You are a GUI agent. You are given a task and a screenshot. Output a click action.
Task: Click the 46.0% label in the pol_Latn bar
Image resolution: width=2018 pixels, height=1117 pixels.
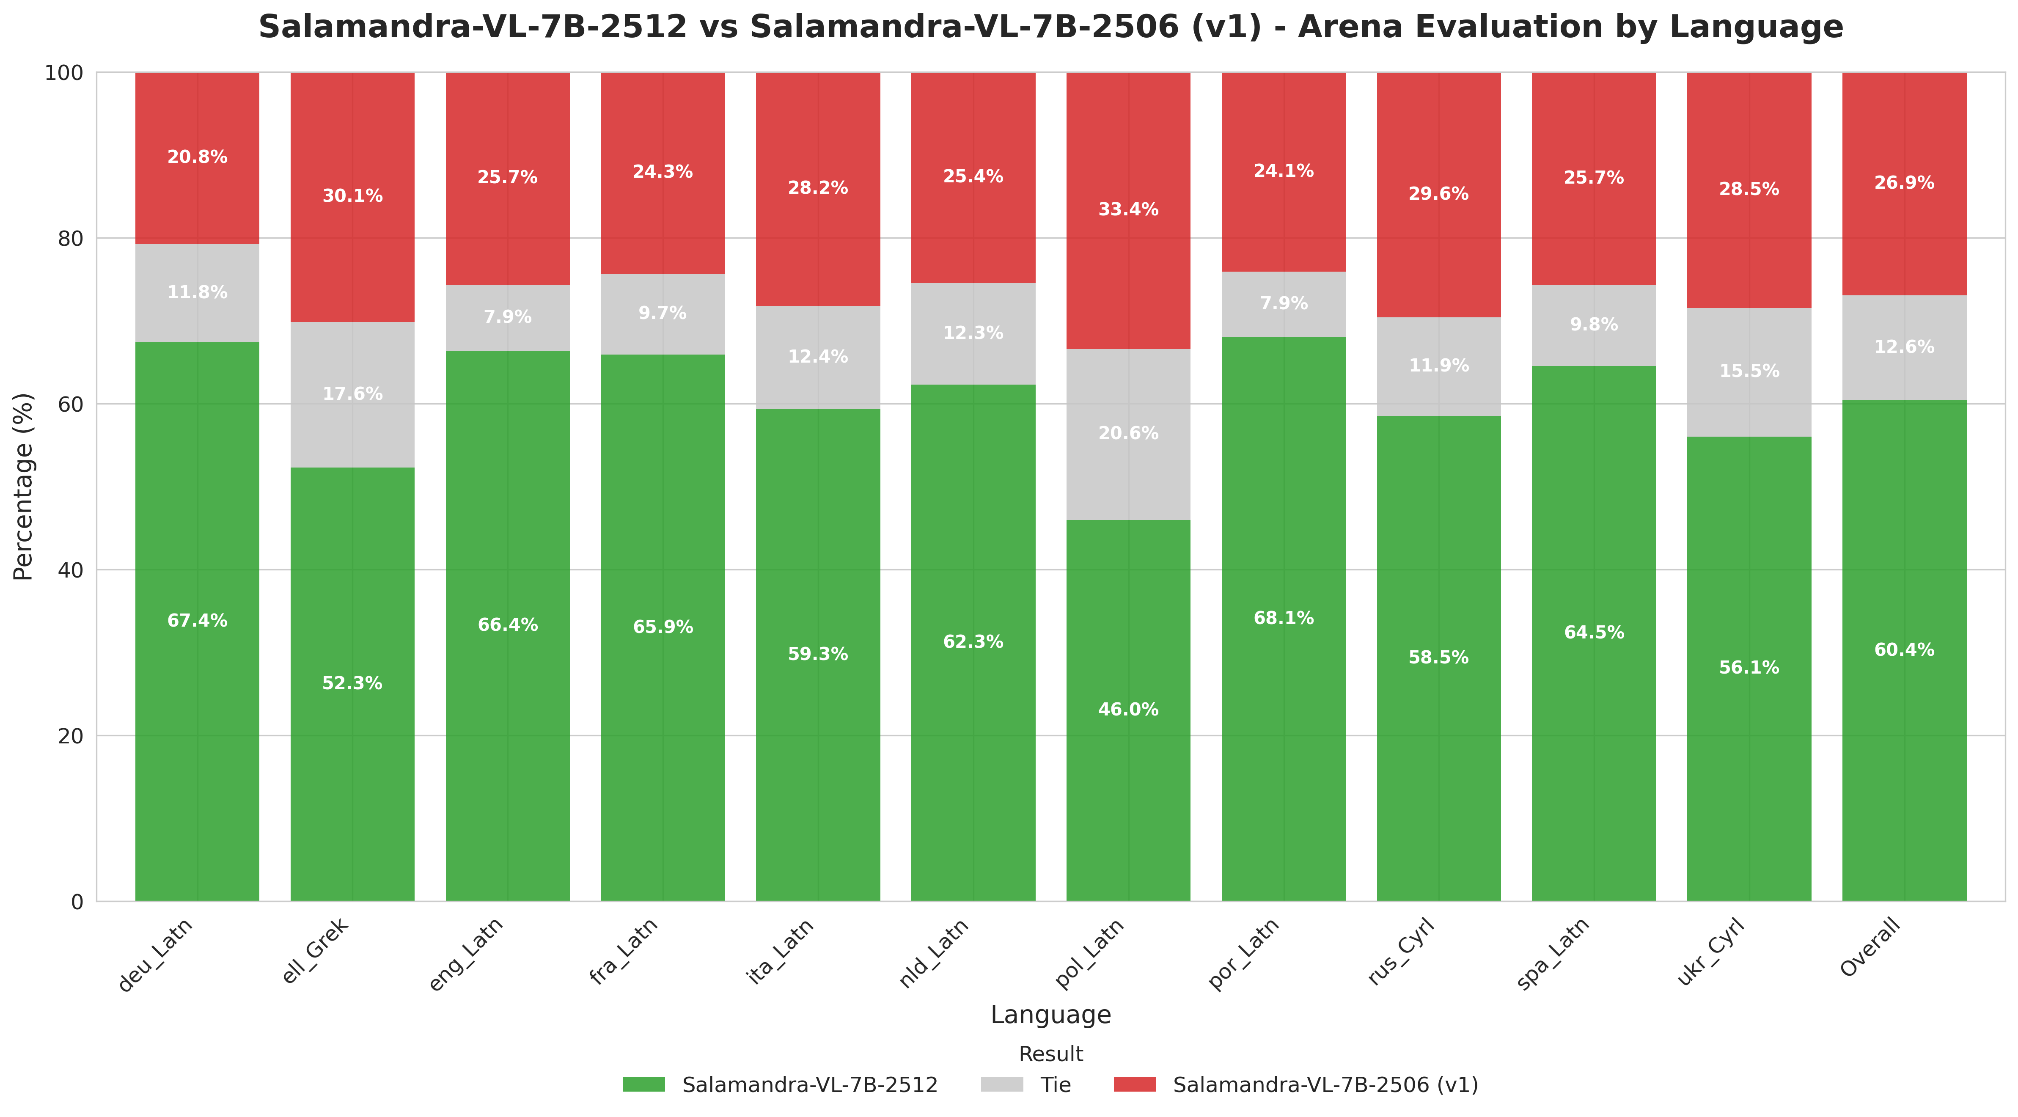(x=1128, y=710)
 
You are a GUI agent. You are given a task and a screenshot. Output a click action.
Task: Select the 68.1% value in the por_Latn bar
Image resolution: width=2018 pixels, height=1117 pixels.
(x=1283, y=618)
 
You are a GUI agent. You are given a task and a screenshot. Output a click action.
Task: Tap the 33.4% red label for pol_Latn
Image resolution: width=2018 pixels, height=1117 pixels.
(x=1128, y=209)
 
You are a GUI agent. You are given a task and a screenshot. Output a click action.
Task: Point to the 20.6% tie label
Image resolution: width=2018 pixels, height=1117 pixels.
(x=1128, y=433)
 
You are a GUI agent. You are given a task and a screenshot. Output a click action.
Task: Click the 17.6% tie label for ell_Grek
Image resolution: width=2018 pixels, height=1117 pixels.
(x=352, y=394)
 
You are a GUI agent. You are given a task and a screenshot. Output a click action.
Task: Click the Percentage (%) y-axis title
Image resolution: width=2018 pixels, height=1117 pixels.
(x=24, y=487)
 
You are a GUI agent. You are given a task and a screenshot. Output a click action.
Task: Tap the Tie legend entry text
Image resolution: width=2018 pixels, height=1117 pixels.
(x=1055, y=1085)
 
